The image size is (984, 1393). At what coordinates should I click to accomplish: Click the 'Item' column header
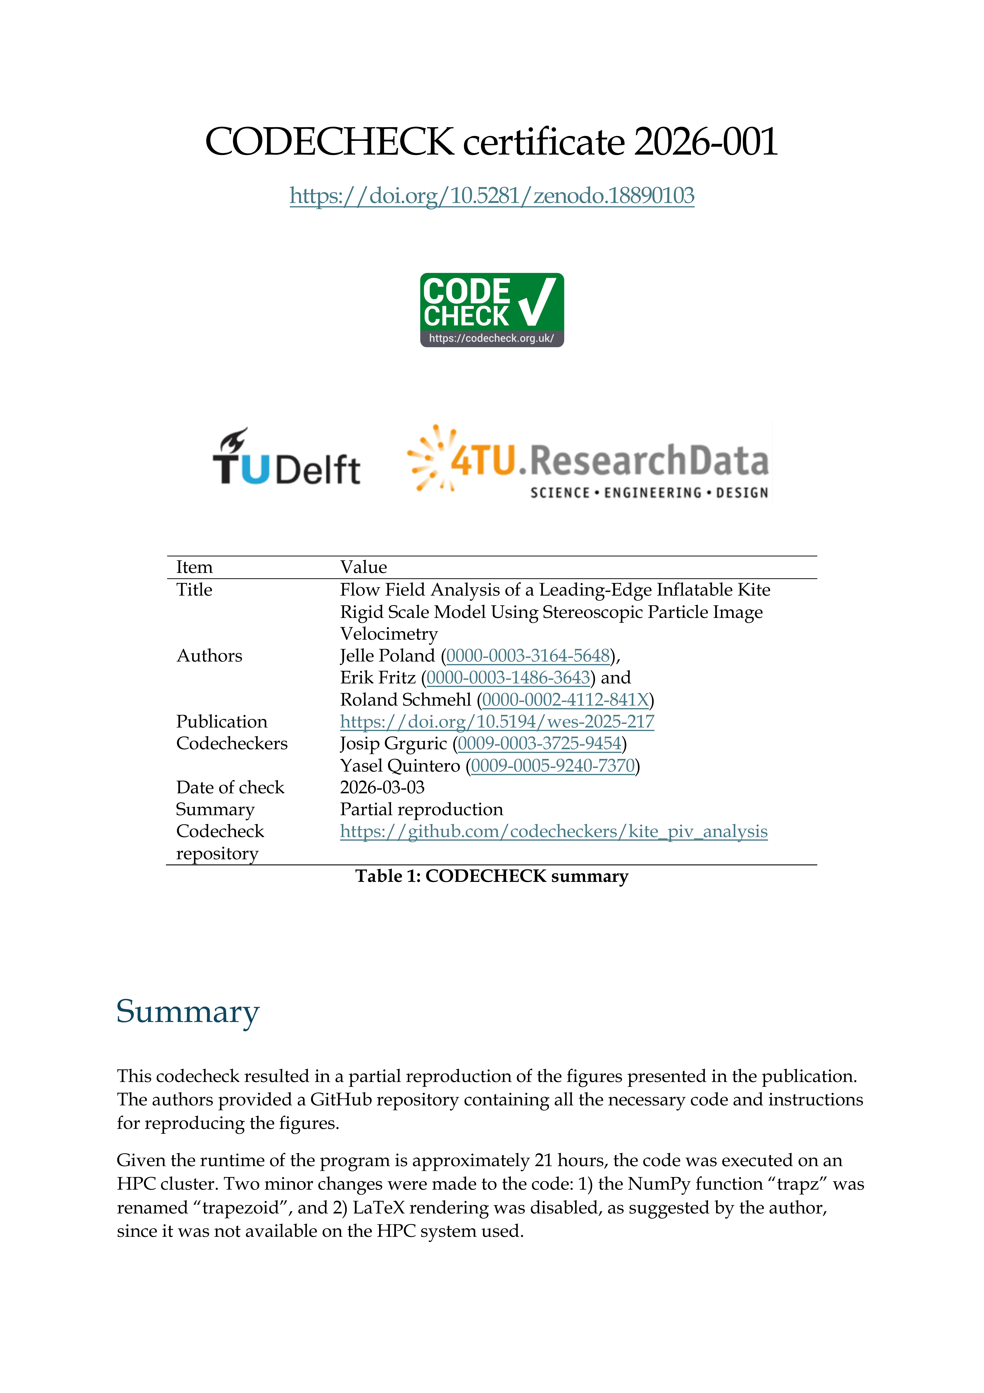[194, 567]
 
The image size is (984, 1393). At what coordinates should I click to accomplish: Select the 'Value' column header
[363, 567]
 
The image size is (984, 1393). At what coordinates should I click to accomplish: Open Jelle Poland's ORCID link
[528, 656]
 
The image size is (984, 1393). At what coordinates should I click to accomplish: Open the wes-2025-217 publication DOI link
[497, 722]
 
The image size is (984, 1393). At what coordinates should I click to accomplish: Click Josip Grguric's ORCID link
[539, 744]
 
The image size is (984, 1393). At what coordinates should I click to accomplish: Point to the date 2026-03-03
[382, 787]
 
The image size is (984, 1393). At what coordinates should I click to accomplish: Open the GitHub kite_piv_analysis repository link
[553, 832]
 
